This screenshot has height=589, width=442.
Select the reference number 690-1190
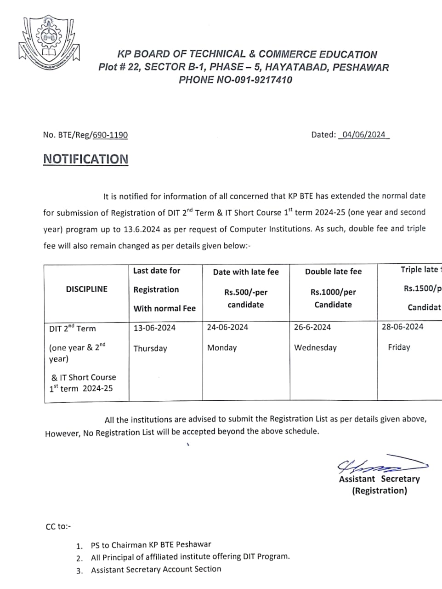[110, 135]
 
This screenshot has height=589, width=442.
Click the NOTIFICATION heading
[86, 159]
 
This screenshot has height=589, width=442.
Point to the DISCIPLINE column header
[87, 289]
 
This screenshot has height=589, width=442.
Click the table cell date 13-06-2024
[154, 328]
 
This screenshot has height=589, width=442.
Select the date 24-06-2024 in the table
[227, 327]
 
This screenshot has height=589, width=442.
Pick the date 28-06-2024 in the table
[402, 327]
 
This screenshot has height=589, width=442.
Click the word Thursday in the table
[150, 348]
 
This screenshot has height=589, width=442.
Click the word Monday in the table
[222, 348]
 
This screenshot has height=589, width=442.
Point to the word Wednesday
[316, 348]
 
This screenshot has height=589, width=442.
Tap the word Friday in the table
[399, 347]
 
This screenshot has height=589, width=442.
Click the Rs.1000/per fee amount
[333, 292]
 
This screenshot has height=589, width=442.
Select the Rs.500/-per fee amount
[246, 292]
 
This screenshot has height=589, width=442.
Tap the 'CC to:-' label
[58, 526]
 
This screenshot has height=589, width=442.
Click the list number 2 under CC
[79, 558]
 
